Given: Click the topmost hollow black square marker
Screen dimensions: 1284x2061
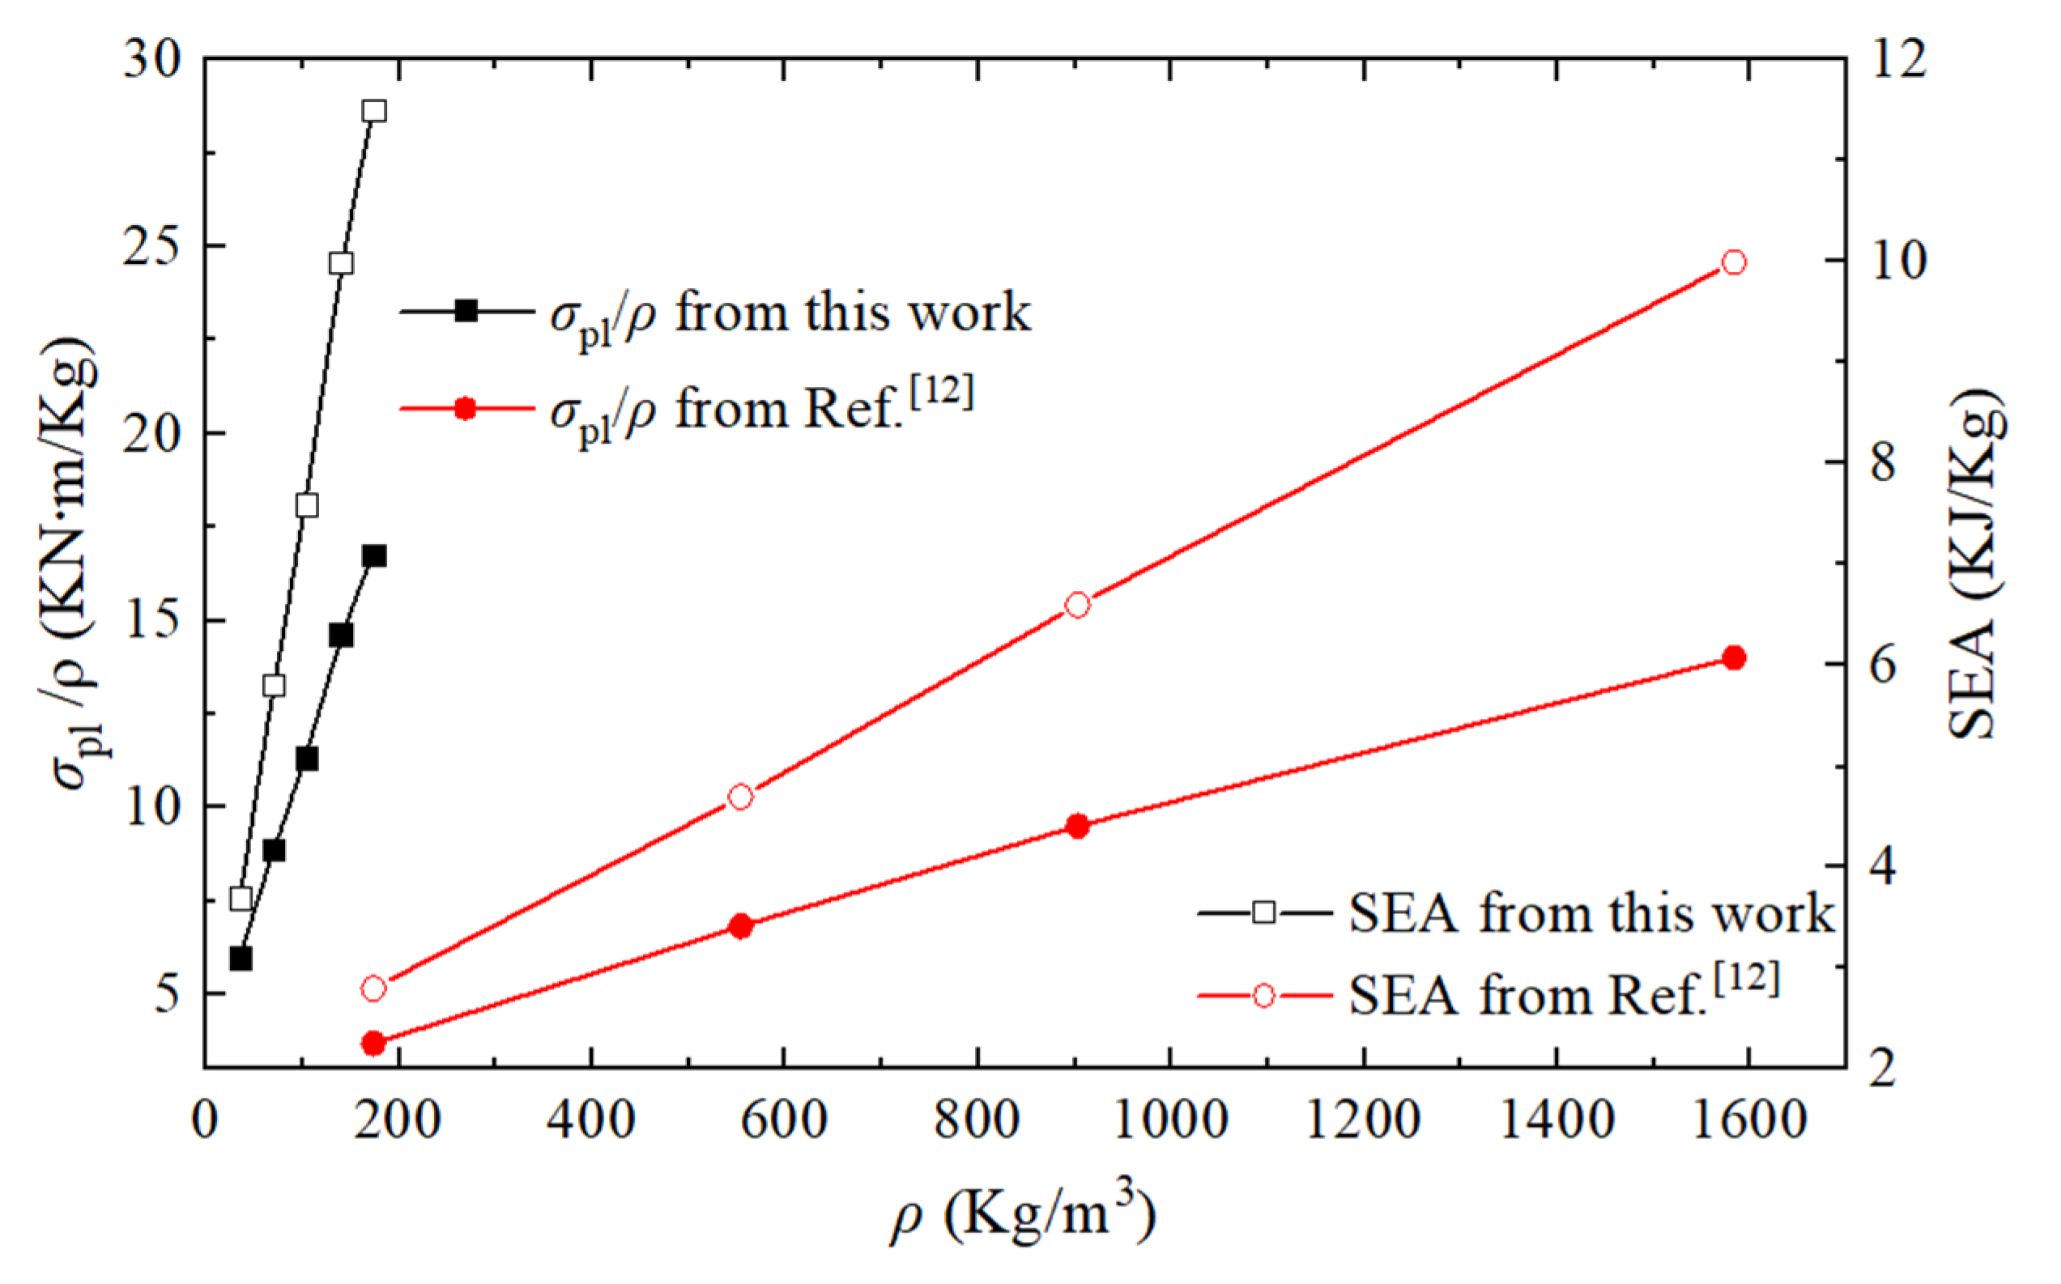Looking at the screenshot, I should [374, 111].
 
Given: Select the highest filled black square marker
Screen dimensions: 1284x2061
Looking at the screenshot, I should [374, 556].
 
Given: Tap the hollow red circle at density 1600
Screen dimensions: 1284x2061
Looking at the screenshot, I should [1734, 262].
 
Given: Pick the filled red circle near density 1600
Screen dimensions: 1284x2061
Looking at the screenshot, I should [1734, 658].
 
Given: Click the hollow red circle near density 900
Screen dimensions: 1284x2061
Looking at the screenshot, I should [1078, 605].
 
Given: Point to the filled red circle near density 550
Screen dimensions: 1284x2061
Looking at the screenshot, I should [740, 925].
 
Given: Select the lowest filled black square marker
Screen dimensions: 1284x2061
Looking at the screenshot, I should [241, 959].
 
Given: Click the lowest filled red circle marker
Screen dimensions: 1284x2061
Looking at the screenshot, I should [373, 1043].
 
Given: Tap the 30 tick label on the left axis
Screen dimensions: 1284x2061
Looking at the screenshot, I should [152, 62].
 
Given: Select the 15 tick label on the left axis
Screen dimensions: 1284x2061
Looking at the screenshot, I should [152, 622].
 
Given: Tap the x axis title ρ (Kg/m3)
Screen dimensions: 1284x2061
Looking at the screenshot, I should [1024, 1216].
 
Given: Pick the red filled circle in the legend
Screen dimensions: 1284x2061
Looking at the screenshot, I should [466, 410].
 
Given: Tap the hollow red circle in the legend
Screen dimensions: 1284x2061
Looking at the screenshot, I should [1263, 995].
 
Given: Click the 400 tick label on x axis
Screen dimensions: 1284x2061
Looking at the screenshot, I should [591, 1120].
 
